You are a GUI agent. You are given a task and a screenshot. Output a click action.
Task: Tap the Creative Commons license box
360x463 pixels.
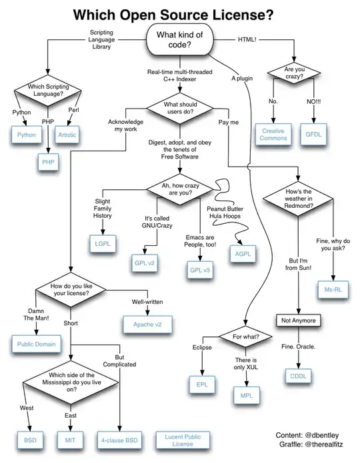coord(273,134)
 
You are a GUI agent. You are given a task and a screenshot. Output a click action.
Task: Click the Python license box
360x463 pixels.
coord(26,135)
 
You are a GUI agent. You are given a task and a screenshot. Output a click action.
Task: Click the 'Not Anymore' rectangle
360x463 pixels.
coord(299,320)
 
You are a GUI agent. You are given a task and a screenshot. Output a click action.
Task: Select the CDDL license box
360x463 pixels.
coord(297,375)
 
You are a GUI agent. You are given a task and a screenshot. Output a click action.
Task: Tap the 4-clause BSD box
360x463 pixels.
coord(120,440)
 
